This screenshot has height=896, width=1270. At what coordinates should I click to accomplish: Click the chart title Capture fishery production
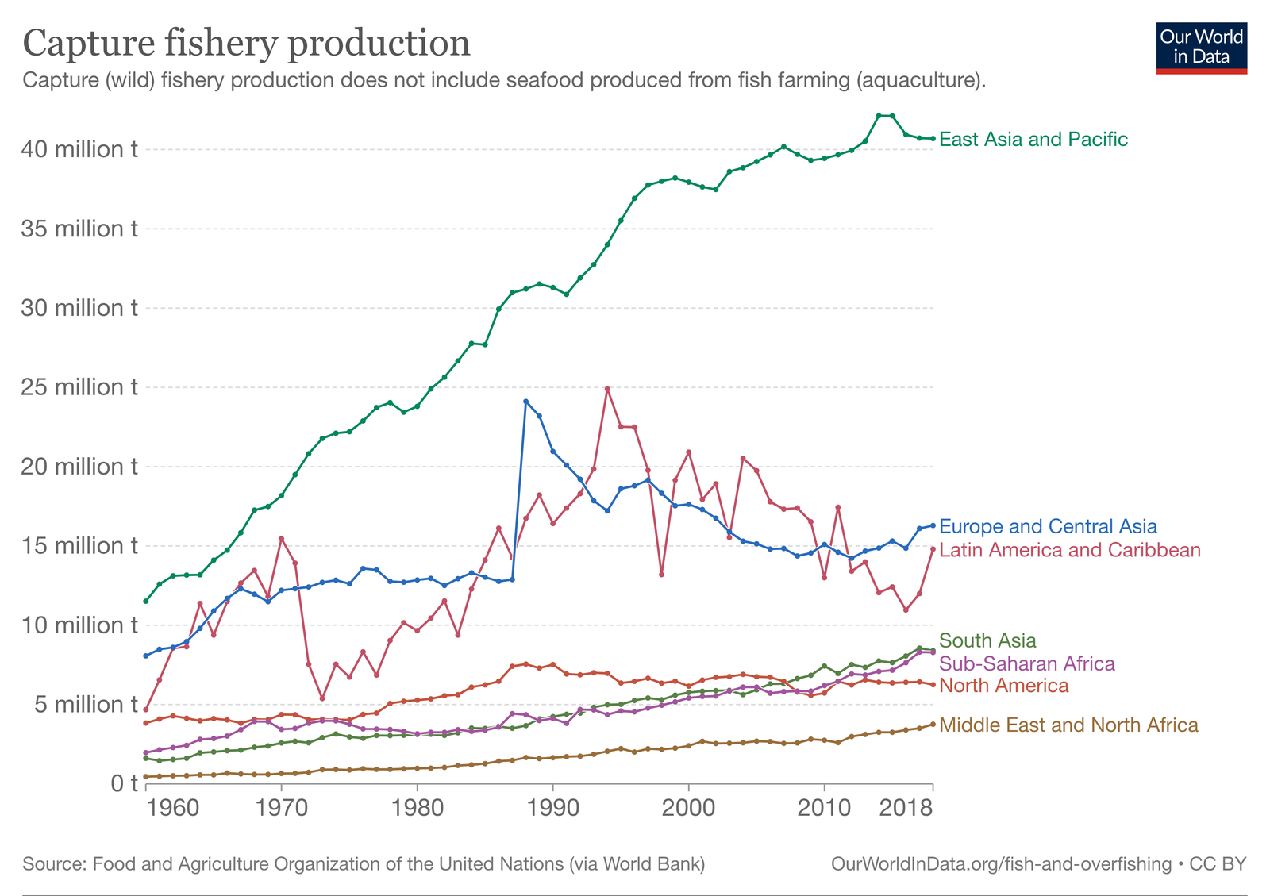[247, 43]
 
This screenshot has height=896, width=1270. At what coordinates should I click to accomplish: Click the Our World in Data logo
[1201, 48]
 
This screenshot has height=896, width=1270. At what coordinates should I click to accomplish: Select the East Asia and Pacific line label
[1033, 140]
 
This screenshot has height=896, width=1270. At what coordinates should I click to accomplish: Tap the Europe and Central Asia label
[1048, 527]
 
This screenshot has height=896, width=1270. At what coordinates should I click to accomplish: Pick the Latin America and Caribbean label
[1069, 550]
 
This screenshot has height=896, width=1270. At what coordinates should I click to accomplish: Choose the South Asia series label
[987, 640]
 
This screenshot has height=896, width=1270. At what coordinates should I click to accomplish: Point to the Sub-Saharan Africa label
[1026, 663]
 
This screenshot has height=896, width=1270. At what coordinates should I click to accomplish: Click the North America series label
[1003, 686]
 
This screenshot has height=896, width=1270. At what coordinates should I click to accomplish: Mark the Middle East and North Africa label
[1068, 725]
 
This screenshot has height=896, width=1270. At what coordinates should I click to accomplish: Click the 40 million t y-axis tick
[79, 149]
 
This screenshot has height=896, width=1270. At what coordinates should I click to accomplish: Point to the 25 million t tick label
[79, 387]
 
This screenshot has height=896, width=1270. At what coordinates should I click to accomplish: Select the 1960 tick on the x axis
[173, 809]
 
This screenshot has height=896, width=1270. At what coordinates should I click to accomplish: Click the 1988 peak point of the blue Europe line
[525, 402]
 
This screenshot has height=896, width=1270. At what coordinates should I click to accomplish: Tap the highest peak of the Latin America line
[607, 389]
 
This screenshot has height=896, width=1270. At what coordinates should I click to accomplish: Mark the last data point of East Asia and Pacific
[933, 139]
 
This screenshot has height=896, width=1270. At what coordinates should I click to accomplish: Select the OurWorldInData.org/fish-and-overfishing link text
[1001, 863]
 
